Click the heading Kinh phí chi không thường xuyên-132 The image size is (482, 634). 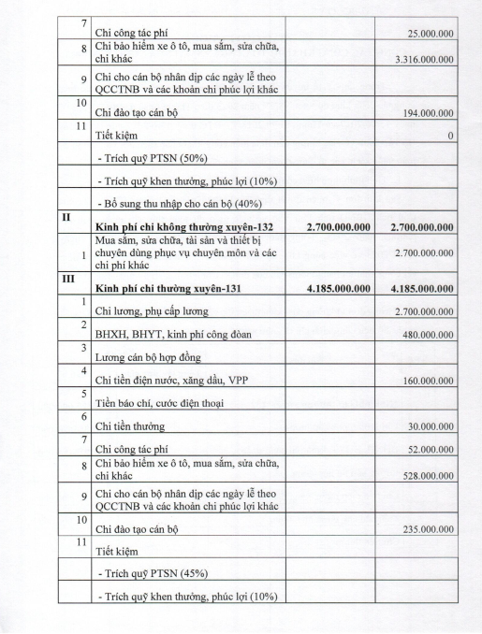[178, 226]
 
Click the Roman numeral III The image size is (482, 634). [68, 278]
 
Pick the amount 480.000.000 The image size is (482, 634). [429, 334]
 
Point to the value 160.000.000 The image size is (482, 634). [429, 382]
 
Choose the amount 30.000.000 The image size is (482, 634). [431, 428]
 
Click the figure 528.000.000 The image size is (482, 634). [429, 476]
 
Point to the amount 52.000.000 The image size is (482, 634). [431, 451]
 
